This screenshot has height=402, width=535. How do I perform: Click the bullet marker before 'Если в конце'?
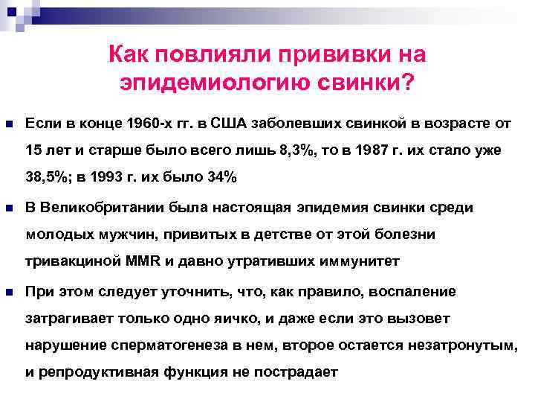coord(9,122)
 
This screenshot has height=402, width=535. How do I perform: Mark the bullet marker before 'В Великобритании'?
coord(9,207)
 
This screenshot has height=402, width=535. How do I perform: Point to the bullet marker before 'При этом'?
coord(9,291)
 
